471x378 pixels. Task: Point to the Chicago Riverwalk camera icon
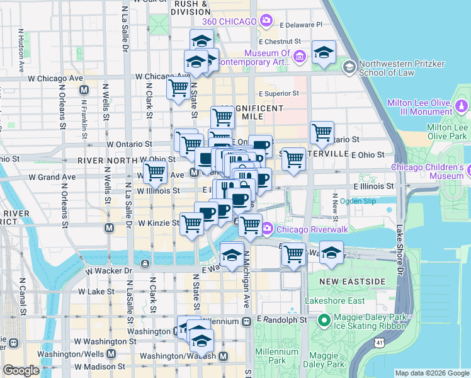(x=267, y=227)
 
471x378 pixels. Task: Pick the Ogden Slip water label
(x=358, y=202)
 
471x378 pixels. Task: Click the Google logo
(x=21, y=371)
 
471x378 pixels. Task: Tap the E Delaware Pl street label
(x=301, y=25)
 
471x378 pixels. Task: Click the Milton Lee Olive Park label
(x=447, y=131)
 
